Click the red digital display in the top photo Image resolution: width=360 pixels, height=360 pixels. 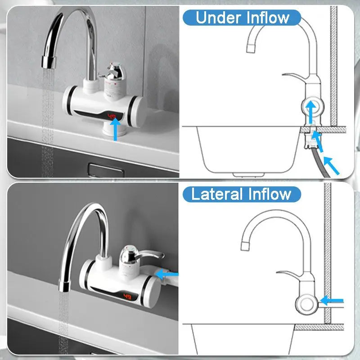click(x=112, y=116)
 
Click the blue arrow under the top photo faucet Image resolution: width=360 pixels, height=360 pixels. click(x=116, y=129)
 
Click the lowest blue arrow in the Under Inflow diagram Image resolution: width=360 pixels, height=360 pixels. click(x=332, y=164)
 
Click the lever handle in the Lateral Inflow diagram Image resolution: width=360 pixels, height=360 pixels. click(x=288, y=274)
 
